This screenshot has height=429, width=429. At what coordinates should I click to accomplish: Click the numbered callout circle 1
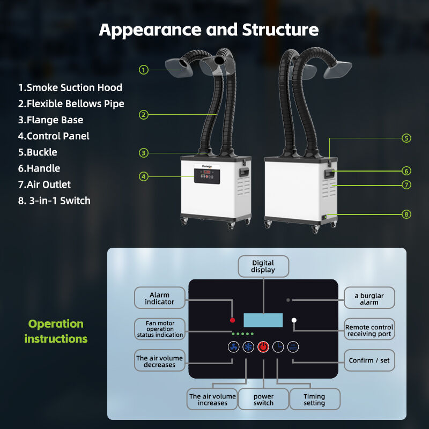pyautogui.click(x=143, y=69)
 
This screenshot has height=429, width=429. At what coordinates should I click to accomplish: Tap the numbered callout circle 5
pyautogui.click(x=406, y=138)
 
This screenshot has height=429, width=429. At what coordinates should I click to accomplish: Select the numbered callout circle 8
pyautogui.click(x=406, y=214)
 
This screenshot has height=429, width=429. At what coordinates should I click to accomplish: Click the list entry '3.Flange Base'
pyautogui.click(x=50, y=120)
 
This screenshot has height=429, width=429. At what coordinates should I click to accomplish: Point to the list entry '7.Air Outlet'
pyautogui.click(x=45, y=184)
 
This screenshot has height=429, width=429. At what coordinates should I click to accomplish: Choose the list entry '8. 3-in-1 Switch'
pyautogui.click(x=54, y=201)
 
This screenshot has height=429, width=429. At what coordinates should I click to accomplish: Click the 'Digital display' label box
pyautogui.click(x=263, y=267)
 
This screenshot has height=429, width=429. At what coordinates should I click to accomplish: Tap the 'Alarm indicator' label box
pyautogui.click(x=159, y=298)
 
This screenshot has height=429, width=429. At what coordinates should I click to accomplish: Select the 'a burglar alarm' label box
pyautogui.click(x=369, y=299)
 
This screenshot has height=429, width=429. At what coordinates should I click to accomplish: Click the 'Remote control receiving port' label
pyautogui.click(x=369, y=331)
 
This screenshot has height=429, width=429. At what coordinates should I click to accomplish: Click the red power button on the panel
pyautogui.click(x=263, y=347)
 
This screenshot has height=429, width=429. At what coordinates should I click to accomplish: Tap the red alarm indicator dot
pyautogui.click(x=232, y=320)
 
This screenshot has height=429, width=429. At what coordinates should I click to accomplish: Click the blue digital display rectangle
pyautogui.click(x=263, y=320)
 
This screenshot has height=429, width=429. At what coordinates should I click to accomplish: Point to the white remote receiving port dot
pyautogui.click(x=294, y=320)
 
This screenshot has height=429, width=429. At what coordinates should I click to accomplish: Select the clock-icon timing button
pyautogui.click(x=278, y=347)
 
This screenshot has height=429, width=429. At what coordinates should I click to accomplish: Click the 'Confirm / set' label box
pyautogui.click(x=369, y=360)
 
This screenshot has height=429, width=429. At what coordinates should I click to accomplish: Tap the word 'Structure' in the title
pyautogui.click(x=280, y=30)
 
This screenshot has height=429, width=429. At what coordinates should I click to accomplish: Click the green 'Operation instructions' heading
pyautogui.click(x=56, y=331)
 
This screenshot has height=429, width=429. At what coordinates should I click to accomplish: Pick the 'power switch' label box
pyautogui.click(x=263, y=400)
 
